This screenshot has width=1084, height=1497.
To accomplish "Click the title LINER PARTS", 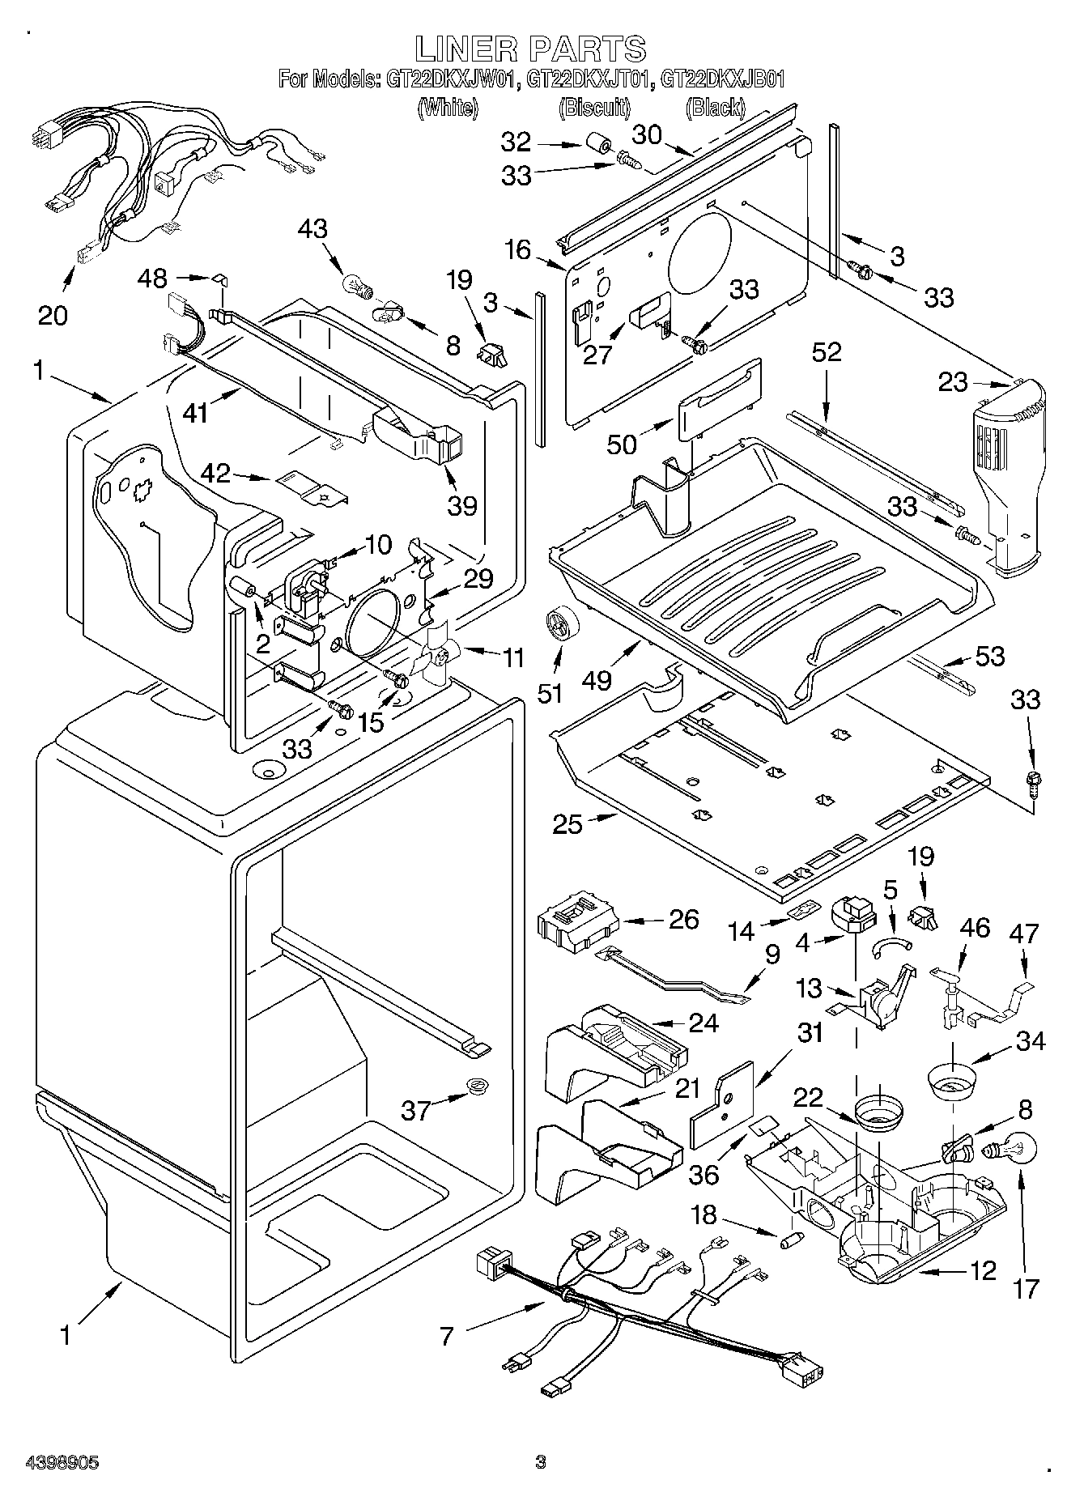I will coord(531,49).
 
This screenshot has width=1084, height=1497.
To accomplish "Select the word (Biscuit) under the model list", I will coord(595,107).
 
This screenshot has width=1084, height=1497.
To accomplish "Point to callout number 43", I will coord(312,229).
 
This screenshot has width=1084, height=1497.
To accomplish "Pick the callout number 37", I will coord(418,1109).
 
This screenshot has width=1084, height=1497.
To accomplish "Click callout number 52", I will coord(826,352).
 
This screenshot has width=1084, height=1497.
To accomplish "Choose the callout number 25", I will coord(568,824).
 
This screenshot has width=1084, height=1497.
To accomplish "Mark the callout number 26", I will coord(683,919).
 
